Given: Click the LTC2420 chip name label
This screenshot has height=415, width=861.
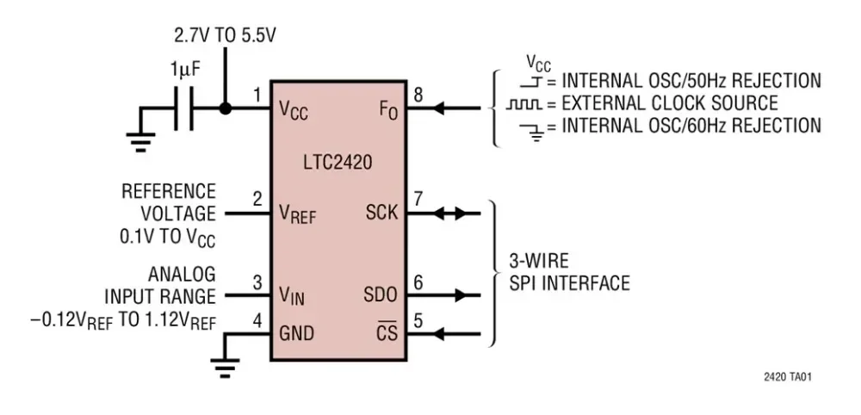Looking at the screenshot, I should coord(338,163).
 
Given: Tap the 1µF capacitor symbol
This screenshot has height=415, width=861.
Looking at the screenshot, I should coord(183,109).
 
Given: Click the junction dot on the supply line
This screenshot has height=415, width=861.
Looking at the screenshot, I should coord(226,109).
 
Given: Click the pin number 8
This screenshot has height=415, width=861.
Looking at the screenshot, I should coord(418,95).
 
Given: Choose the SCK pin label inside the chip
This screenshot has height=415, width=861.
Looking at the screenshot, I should coord(381,211).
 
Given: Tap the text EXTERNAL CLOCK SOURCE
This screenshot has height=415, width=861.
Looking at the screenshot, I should coord(669,103).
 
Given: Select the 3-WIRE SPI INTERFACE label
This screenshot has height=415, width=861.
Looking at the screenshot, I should coord(569,272).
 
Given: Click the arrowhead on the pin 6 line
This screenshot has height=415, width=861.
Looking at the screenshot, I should coord(465,295).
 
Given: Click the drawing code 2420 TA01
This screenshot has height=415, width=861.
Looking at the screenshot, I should coord(787,377).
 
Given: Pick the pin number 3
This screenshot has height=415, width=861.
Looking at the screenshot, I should coord(257,282).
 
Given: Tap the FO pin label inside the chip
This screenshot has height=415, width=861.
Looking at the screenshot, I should coord(388,111).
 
